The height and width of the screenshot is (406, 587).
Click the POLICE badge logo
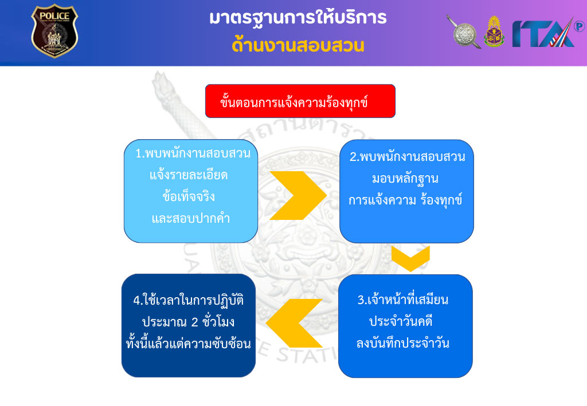click(x=54, y=31)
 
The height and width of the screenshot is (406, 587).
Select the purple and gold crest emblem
click(x=494, y=31)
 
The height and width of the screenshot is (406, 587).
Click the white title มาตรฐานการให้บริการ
click(x=298, y=17)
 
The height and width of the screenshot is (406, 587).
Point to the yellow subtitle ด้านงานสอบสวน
click(x=298, y=45)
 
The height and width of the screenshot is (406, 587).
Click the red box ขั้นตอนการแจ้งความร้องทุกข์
click(x=300, y=101)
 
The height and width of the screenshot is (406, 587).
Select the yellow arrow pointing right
click(x=298, y=195)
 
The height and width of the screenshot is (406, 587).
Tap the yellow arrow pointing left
click(x=294, y=324)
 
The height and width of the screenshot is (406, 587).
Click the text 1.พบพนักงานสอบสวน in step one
click(x=193, y=153)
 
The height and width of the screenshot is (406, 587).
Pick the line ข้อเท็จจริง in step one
click(x=189, y=196)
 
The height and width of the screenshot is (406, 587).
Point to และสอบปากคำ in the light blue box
click(x=191, y=218)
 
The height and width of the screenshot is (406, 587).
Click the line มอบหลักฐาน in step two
click(x=405, y=179)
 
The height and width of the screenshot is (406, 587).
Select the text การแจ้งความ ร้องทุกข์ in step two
click(x=405, y=200)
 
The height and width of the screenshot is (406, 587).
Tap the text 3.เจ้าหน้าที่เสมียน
click(x=403, y=299)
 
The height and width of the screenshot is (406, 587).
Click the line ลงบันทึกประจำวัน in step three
click(x=403, y=343)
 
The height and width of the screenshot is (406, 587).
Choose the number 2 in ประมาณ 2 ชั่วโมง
click(x=195, y=322)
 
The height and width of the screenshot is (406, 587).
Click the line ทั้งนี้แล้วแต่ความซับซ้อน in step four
click(x=188, y=344)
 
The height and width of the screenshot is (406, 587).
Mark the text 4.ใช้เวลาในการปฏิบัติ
click(x=189, y=300)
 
